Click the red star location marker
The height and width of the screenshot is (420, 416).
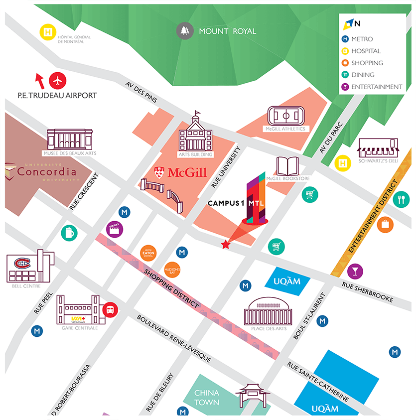pyautogui.click(x=226, y=244)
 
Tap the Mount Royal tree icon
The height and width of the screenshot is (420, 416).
pyautogui.click(x=185, y=31)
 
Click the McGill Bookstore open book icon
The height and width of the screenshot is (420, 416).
pyautogui.click(x=287, y=166)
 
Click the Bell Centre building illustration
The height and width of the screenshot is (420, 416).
pyautogui.click(x=30, y=267)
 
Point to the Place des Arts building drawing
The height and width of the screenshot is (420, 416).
pyautogui.click(x=267, y=311)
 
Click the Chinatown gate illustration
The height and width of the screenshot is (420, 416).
pyautogui.click(x=253, y=396)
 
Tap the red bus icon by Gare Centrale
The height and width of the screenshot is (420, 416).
pyautogui.click(x=110, y=310)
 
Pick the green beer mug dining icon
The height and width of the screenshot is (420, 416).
pyautogui.click(x=69, y=233)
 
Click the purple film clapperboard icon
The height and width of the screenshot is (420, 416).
pyautogui.click(x=115, y=229)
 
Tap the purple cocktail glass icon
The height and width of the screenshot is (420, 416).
pyautogui.click(x=355, y=271)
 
